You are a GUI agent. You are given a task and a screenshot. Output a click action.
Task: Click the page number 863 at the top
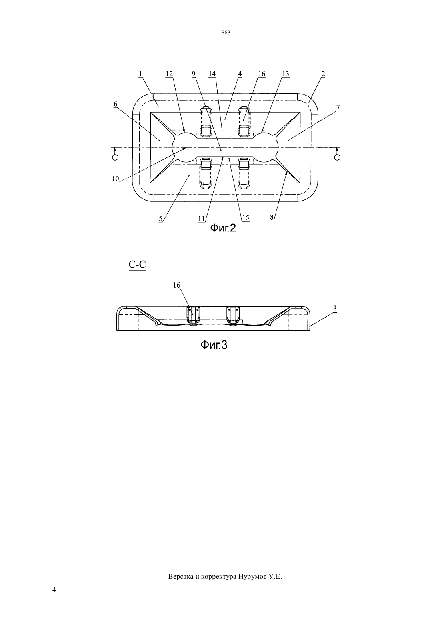226,33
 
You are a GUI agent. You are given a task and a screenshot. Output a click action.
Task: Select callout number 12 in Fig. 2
169,74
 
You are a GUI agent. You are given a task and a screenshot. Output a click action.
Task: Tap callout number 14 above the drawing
212,74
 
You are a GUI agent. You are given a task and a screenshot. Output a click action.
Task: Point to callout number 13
286,74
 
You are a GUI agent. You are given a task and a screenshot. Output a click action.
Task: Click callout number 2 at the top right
323,74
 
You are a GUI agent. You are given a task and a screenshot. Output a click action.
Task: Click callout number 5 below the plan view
161,219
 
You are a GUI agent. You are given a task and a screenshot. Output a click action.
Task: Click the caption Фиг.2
223,228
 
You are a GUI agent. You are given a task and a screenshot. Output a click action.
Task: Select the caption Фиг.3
214,345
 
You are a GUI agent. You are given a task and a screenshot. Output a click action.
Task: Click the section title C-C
137,265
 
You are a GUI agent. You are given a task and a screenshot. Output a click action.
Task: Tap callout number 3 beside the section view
335,309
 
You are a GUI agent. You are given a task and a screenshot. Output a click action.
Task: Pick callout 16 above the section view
177,285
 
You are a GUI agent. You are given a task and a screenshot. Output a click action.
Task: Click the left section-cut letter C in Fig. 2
115,157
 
